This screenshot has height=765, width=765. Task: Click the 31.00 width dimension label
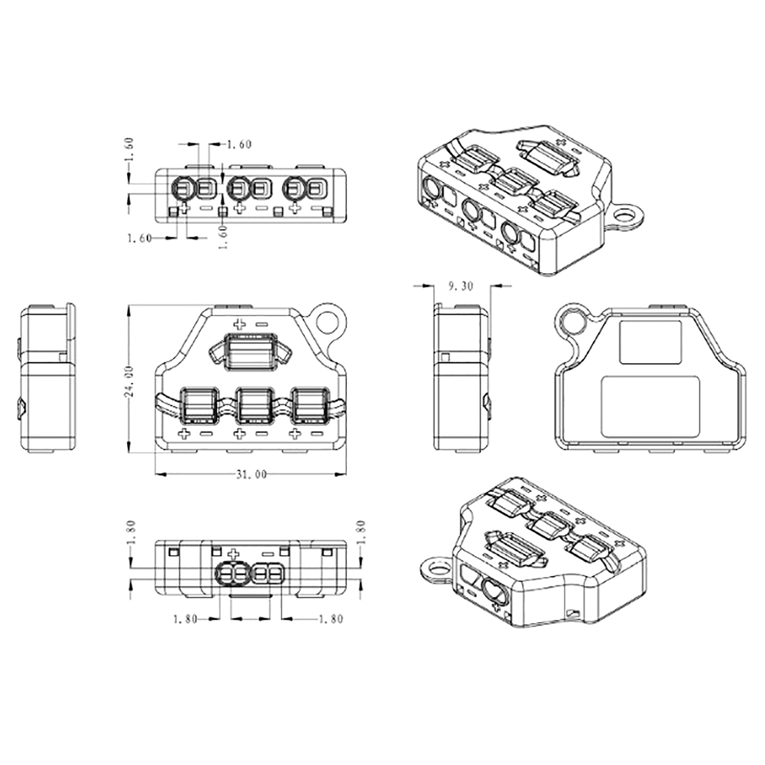point(251,474)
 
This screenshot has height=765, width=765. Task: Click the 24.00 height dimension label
point(128,381)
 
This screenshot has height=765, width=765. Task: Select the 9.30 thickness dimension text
point(460,286)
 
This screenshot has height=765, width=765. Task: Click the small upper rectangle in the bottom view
point(650,342)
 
